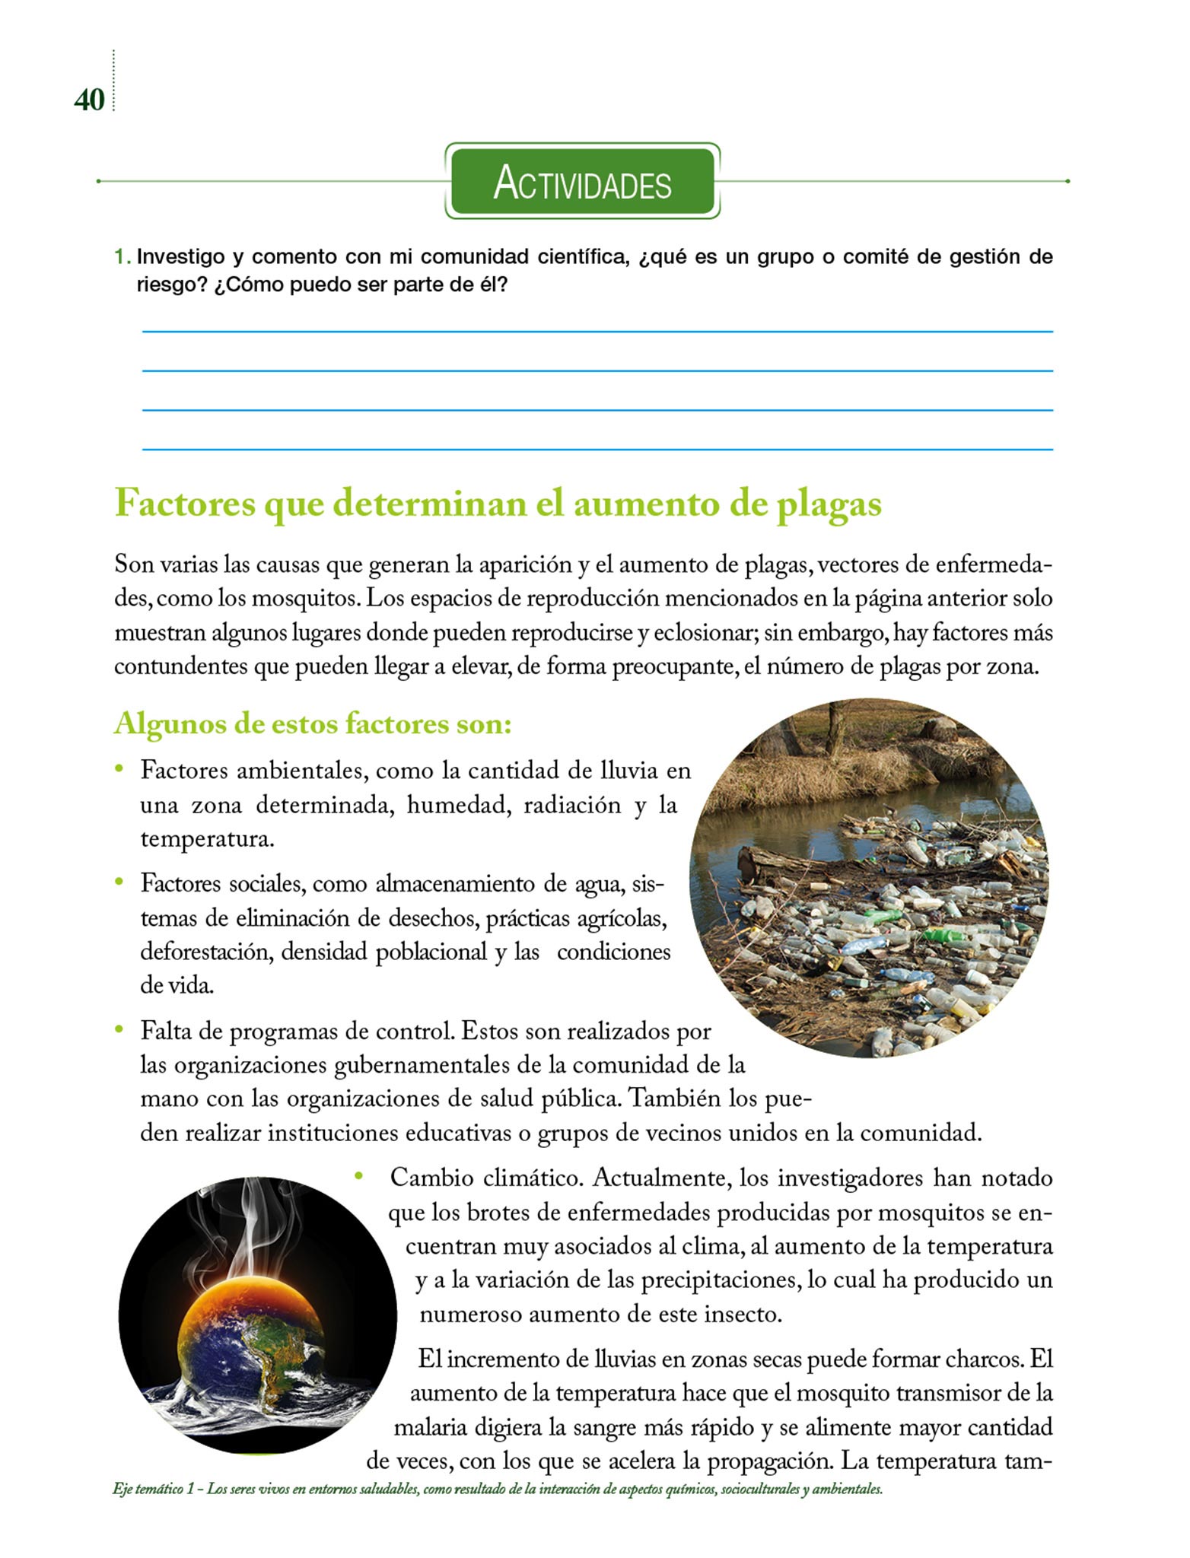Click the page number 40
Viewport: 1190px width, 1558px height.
(89, 100)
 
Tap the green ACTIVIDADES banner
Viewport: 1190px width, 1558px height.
(582, 183)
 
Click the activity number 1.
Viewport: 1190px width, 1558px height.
(121, 257)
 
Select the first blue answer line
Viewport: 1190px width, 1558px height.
(597, 332)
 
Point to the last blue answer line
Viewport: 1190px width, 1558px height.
(597, 450)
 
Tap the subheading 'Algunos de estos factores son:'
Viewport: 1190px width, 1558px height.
(313, 723)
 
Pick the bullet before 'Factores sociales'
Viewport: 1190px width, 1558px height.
(119, 882)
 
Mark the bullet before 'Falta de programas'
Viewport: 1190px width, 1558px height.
(119, 1029)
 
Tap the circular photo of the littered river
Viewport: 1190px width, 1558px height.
(868, 878)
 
